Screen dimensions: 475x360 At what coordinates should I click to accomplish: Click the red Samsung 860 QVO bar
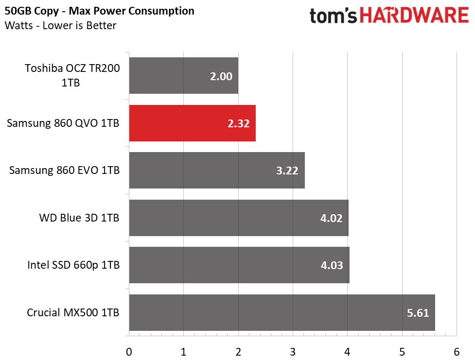[x=193, y=123]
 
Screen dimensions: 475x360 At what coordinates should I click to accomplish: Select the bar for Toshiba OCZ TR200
[x=184, y=75]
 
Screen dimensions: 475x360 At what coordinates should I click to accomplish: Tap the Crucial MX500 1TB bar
[x=282, y=312]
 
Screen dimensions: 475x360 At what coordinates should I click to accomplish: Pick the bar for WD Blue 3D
[x=239, y=218]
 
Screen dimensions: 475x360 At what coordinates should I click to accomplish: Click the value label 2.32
[x=238, y=123]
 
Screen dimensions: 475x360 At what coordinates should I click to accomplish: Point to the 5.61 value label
[x=418, y=313]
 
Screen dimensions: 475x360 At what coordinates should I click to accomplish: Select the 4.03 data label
[x=332, y=266]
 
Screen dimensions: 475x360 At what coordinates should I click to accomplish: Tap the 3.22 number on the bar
[x=287, y=171]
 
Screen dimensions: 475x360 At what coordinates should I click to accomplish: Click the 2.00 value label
[x=221, y=76]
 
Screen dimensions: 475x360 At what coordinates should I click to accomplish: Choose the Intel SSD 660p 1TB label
[x=73, y=265]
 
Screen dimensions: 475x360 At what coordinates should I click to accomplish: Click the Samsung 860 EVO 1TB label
[x=64, y=170]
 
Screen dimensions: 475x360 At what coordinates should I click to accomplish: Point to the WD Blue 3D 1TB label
[x=79, y=218]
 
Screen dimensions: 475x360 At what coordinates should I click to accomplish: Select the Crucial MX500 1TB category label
[x=73, y=312]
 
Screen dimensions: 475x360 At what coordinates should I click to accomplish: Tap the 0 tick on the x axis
[x=129, y=352]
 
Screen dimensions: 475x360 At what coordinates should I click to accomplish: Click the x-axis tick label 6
[x=457, y=352]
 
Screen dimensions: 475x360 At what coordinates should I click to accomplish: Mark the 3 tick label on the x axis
[x=293, y=352]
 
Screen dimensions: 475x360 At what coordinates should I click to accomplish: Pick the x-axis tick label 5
[x=402, y=352]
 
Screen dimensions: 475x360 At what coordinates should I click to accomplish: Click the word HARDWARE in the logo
[x=414, y=16]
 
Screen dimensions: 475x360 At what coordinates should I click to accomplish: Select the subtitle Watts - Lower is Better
[x=60, y=25]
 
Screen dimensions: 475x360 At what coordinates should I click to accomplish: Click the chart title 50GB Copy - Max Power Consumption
[x=99, y=11]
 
